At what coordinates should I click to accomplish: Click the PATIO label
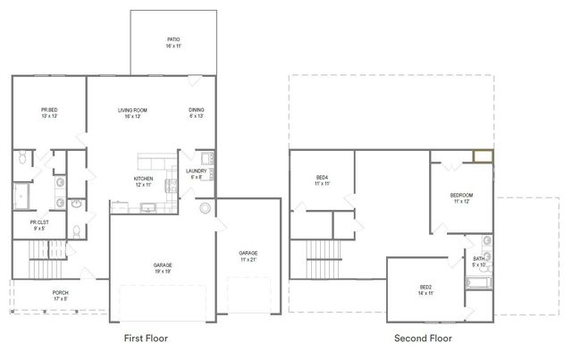tap(173, 40)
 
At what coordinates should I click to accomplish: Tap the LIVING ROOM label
tap(132, 111)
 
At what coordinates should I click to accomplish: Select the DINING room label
tap(197, 111)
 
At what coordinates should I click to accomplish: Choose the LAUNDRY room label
tap(197, 172)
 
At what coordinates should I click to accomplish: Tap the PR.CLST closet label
tap(39, 222)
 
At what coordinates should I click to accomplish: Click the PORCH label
tap(61, 293)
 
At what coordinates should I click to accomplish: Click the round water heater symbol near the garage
tap(206, 208)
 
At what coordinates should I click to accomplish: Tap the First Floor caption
tap(145, 339)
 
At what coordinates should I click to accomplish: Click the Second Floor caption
tap(423, 339)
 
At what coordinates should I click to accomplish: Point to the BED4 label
tap(322, 178)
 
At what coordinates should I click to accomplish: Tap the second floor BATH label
tap(478, 259)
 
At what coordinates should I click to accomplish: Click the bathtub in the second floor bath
tap(478, 283)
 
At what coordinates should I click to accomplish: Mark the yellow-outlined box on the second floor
tap(484, 158)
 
